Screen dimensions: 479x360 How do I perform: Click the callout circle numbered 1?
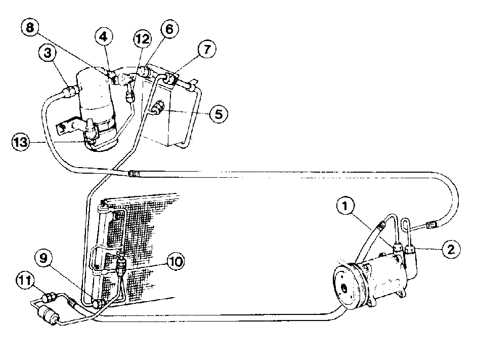(x=345, y=206)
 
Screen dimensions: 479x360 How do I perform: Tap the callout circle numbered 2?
(x=451, y=249)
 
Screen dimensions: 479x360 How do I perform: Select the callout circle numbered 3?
(x=48, y=53)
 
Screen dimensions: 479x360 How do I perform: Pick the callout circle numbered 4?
(x=104, y=36)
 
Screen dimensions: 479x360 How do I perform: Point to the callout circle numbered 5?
(x=219, y=114)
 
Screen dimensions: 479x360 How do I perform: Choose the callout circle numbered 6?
(x=169, y=29)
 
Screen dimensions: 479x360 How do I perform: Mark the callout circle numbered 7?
(x=207, y=49)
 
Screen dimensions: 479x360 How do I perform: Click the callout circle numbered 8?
(x=30, y=27)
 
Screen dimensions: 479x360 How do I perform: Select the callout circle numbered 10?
(x=176, y=262)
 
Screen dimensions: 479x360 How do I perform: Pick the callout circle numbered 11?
(x=25, y=281)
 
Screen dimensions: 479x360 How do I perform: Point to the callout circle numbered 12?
(x=143, y=39)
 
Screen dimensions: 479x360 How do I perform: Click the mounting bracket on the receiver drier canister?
(x=68, y=126)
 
